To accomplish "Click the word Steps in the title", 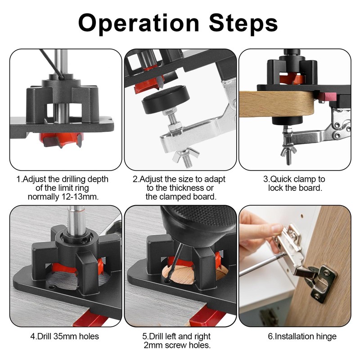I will [x=239, y=22].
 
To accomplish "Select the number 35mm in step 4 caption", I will [x=61, y=336].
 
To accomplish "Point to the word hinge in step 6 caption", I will [x=325, y=336].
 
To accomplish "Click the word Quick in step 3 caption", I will [x=281, y=179].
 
